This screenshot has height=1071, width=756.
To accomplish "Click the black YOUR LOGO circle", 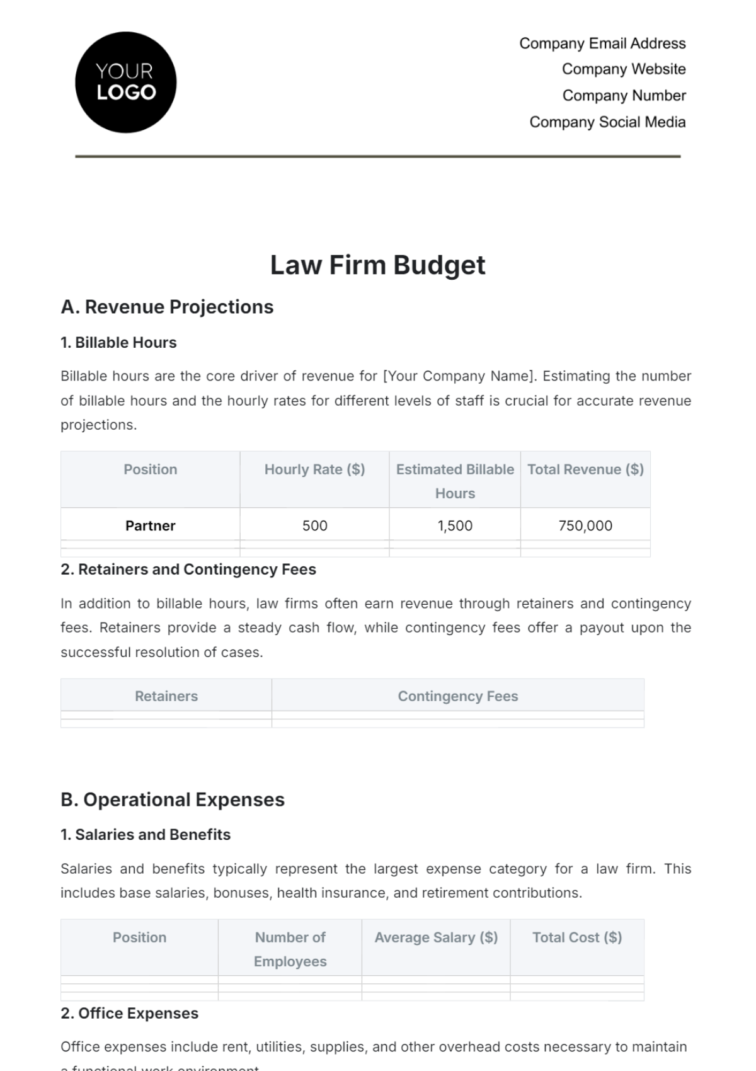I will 125,83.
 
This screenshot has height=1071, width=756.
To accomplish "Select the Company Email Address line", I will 602,43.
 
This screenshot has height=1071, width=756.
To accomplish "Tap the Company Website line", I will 624,69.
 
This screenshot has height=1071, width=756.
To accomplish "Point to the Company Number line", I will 624,96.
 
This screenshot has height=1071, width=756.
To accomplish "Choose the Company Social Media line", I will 607,122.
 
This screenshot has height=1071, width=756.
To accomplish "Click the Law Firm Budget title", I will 377,265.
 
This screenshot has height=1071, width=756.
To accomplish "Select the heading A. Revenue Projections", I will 167,307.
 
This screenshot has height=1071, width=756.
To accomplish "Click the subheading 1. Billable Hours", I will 118,343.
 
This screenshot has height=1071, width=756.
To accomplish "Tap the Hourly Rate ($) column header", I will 314,469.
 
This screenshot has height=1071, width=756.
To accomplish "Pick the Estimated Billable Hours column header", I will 455,481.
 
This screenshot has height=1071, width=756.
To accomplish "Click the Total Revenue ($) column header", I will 585,469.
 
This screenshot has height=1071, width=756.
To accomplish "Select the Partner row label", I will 150,525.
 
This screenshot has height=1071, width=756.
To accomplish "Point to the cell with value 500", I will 314,525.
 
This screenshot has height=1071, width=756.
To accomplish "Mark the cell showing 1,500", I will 455,525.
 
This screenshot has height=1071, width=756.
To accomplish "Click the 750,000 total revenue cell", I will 585,525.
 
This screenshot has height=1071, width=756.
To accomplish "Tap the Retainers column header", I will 166,696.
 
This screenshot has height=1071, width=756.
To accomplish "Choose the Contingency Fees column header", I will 458,696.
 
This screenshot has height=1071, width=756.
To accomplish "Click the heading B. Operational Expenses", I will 173,799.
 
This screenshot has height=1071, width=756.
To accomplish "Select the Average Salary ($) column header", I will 436,937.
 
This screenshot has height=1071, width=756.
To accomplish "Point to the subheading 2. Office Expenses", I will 129,1013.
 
